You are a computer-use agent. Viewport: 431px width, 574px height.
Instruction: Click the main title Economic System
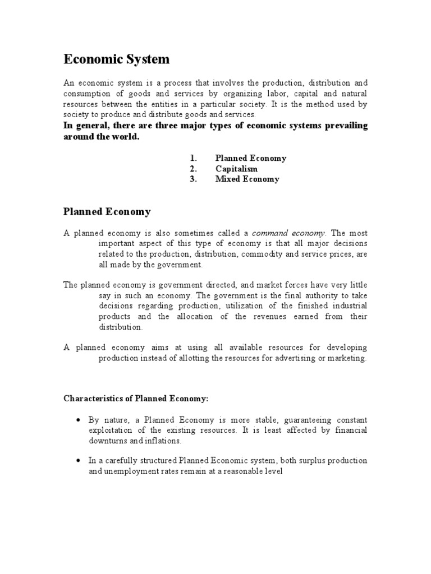pyautogui.click(x=116, y=59)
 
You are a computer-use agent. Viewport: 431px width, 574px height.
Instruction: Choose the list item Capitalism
pyautogui.click(x=236, y=169)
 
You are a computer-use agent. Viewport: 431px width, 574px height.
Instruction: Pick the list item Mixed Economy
pyautogui.click(x=247, y=179)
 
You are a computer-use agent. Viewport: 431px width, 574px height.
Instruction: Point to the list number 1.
pyautogui.click(x=192, y=158)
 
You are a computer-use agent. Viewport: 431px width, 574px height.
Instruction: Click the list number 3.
pyautogui.click(x=192, y=179)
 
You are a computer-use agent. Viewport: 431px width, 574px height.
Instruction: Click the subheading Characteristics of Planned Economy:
pyautogui.click(x=135, y=399)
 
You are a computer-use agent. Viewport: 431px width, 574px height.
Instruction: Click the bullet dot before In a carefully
pyautogui.click(x=77, y=461)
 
